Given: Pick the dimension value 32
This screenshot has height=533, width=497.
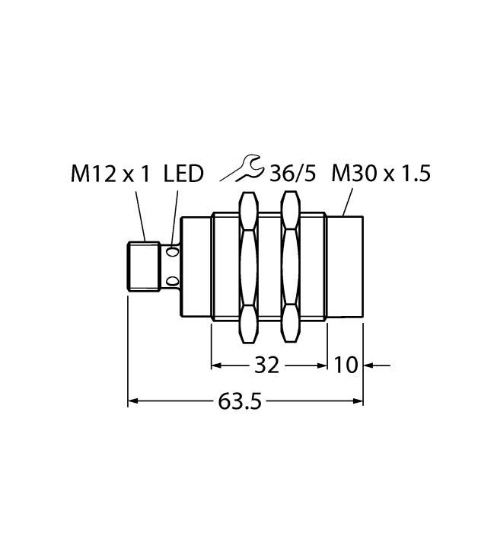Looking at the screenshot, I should (x=265, y=366).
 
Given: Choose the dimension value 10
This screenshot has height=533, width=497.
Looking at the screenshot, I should (x=346, y=366).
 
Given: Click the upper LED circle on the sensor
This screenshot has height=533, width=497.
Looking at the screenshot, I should (x=173, y=251).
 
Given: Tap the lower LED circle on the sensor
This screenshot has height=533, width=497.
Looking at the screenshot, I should (x=173, y=282).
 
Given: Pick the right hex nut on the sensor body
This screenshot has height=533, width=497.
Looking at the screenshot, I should (x=289, y=266).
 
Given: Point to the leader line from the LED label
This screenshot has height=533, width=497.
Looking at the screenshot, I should (x=176, y=216).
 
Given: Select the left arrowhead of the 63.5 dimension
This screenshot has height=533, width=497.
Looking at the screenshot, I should (x=133, y=401).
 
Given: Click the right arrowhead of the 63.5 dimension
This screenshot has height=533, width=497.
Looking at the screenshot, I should (x=357, y=401).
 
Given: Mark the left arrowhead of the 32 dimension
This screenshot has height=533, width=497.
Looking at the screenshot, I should (x=217, y=366).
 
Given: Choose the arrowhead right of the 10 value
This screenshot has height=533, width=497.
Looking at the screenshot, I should (x=369, y=366).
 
